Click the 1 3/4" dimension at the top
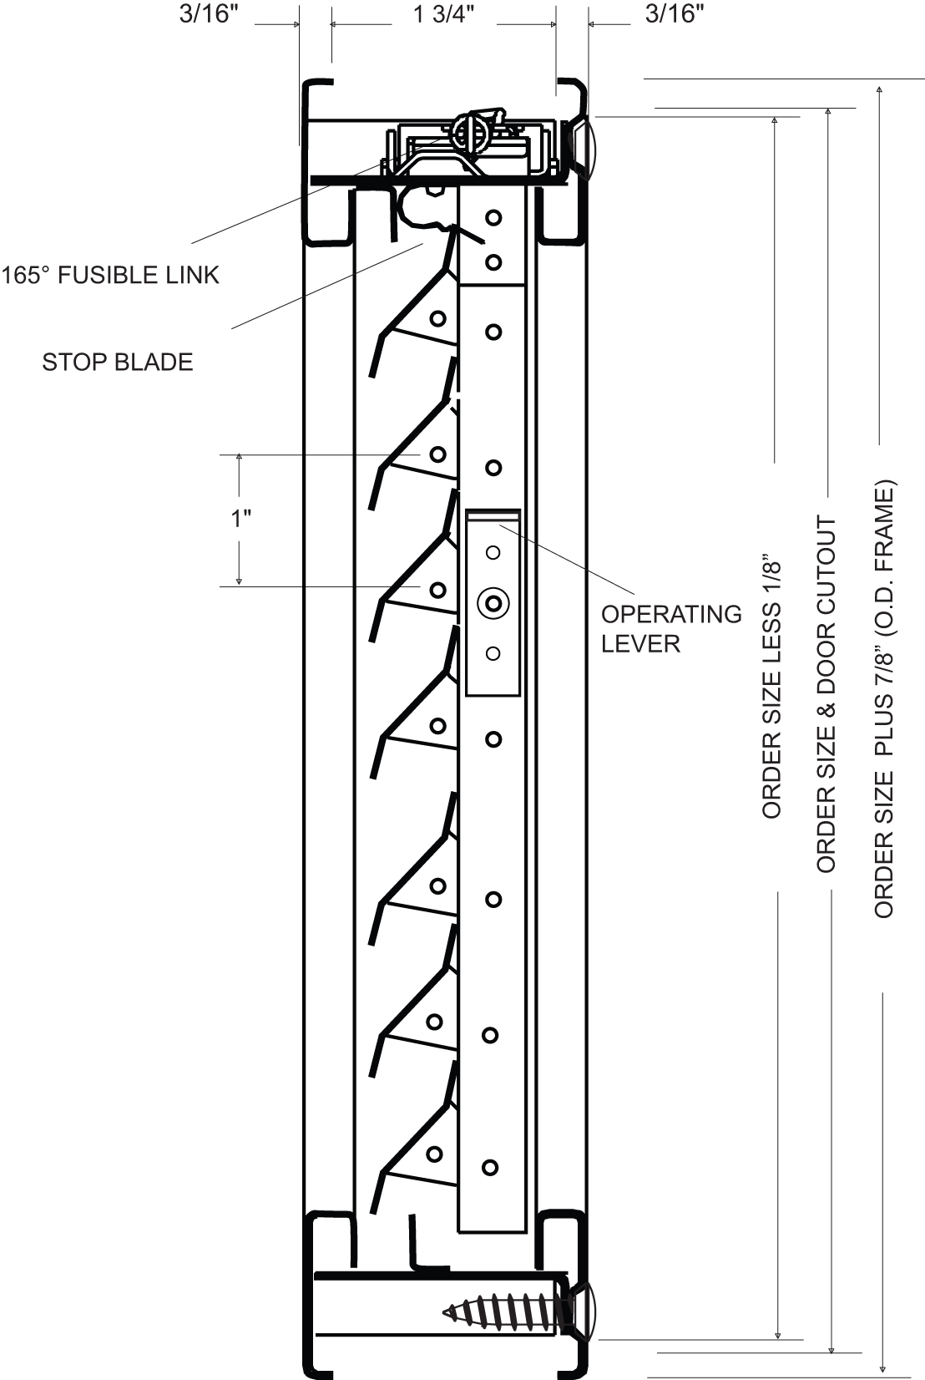click(x=444, y=16)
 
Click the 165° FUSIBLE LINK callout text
click(x=110, y=275)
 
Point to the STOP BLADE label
click(x=118, y=362)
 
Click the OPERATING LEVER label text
click(x=671, y=628)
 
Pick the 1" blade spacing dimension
click(x=241, y=519)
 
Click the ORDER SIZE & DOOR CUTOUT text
click(x=826, y=693)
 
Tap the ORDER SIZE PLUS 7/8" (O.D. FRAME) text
click(x=884, y=698)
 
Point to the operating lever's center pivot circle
click(x=493, y=602)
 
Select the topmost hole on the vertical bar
click(x=493, y=218)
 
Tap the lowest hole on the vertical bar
click(x=490, y=1168)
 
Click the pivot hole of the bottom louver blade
click(x=434, y=1154)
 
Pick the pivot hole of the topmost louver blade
click(x=437, y=318)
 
